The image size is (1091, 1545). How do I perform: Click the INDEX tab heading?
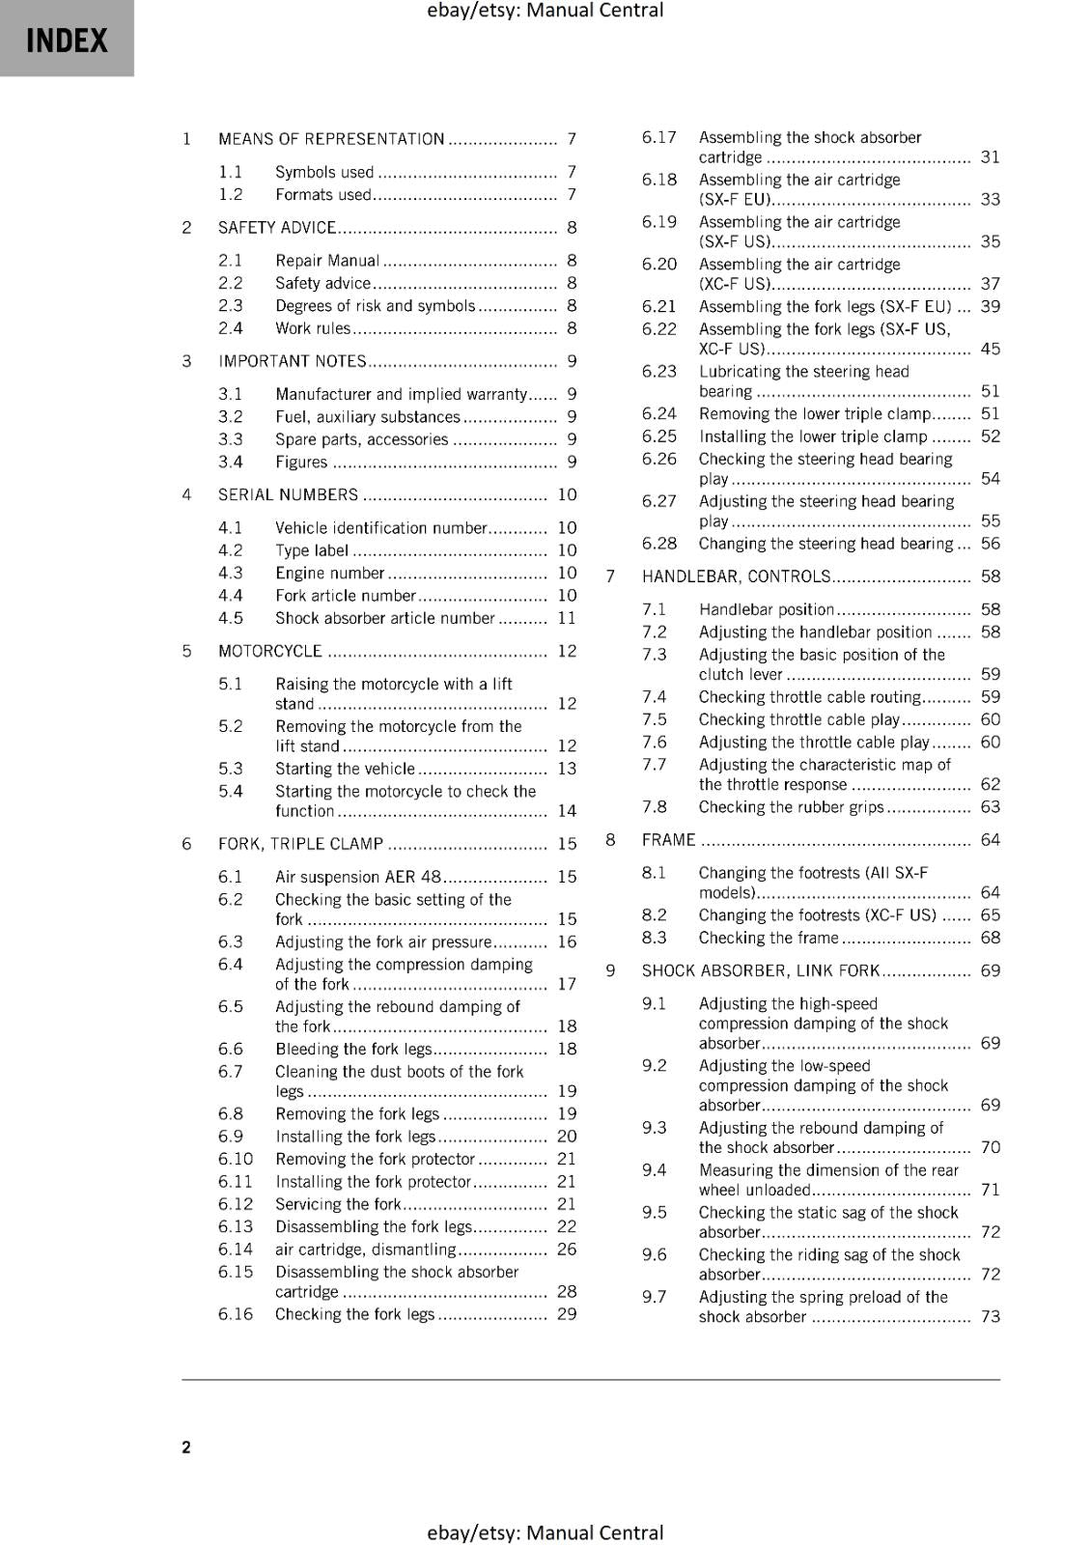click(x=67, y=41)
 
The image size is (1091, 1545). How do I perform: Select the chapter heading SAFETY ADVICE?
click(x=277, y=228)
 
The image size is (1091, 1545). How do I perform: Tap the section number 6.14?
click(x=236, y=1249)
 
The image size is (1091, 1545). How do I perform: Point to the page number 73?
click(x=991, y=1316)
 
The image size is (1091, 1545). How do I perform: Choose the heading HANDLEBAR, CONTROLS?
click(x=736, y=576)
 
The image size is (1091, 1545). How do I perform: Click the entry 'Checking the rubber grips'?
click(x=791, y=807)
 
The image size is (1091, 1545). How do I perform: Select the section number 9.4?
click(x=655, y=1170)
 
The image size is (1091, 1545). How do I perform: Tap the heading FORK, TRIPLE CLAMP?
click(x=300, y=844)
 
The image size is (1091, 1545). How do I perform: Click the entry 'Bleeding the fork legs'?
click(x=353, y=1049)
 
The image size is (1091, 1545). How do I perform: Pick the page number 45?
click(x=991, y=349)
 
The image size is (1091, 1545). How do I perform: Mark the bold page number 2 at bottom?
click(x=186, y=1447)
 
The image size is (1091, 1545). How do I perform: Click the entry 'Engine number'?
click(x=329, y=573)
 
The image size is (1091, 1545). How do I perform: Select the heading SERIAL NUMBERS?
click(x=288, y=495)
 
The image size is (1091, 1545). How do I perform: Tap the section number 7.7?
click(x=655, y=765)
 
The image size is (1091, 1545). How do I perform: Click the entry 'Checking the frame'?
click(x=769, y=938)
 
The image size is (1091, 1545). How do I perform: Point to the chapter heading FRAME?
click(x=669, y=840)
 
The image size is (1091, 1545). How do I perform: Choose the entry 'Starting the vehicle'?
click(x=345, y=769)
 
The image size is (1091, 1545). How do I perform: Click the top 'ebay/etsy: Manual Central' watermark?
click(x=545, y=11)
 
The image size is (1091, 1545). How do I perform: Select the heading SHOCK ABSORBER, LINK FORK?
click(x=761, y=970)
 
